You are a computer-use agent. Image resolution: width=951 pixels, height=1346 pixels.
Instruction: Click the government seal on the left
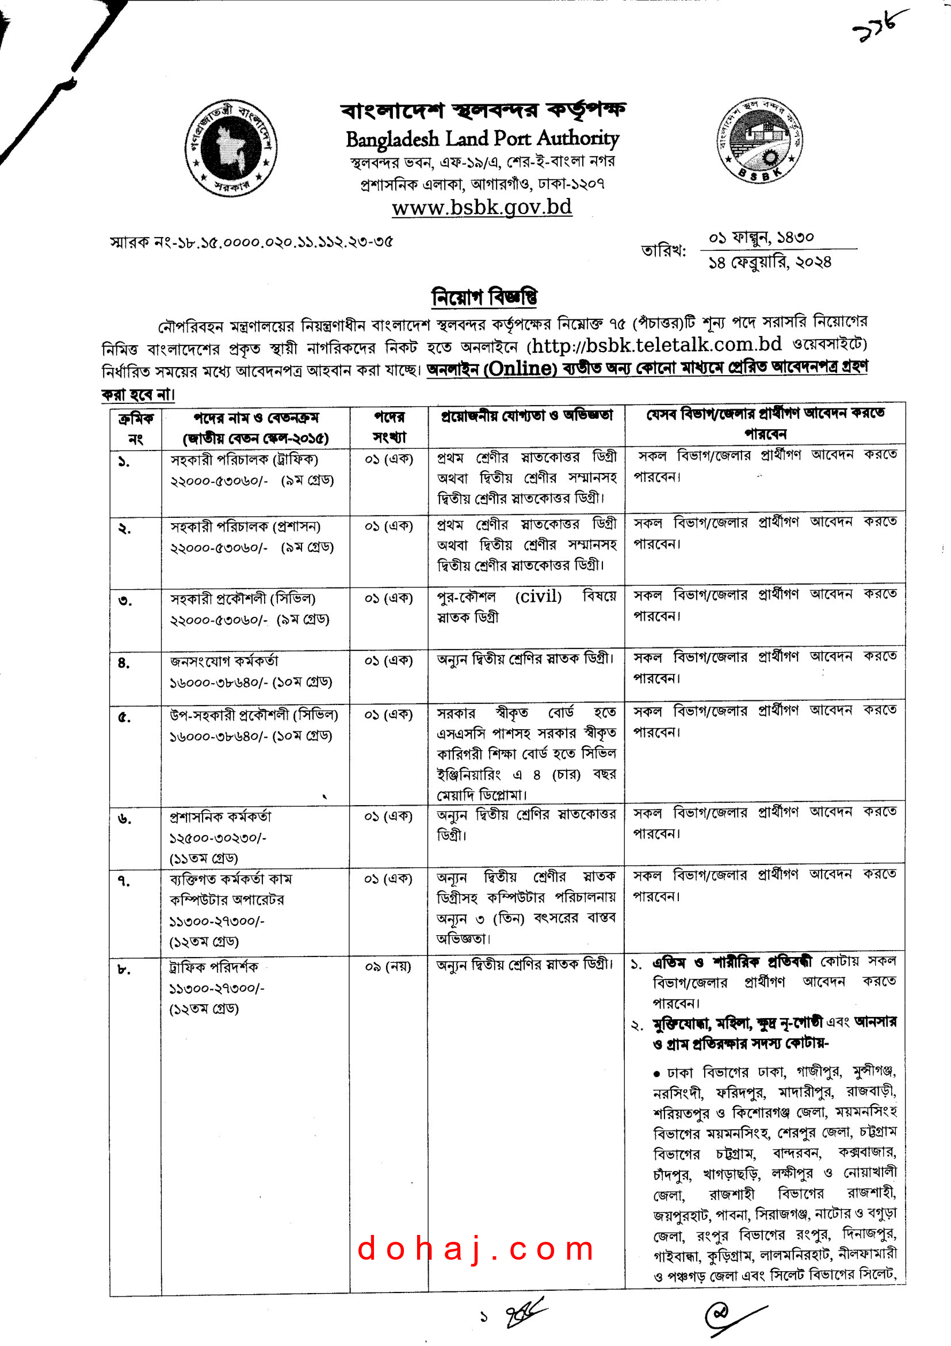[231, 148]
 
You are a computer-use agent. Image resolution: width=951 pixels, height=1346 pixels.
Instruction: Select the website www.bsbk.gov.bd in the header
[482, 208]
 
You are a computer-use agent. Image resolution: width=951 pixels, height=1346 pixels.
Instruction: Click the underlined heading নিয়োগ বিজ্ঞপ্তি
[484, 296]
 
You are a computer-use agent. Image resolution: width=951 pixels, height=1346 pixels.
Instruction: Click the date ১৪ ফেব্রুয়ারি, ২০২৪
[769, 262]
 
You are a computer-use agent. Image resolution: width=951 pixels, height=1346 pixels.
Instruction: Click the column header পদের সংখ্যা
[389, 428]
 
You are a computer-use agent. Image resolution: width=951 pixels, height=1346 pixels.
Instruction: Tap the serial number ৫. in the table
[124, 718]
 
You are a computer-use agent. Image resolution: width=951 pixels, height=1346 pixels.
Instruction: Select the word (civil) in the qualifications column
[538, 597]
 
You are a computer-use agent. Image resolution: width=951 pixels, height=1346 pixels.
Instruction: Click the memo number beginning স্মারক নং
[251, 242]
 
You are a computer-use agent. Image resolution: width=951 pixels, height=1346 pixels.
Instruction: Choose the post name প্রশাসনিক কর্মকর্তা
[221, 817]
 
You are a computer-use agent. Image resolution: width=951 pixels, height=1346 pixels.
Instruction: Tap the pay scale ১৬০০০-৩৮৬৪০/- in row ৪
[219, 682]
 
